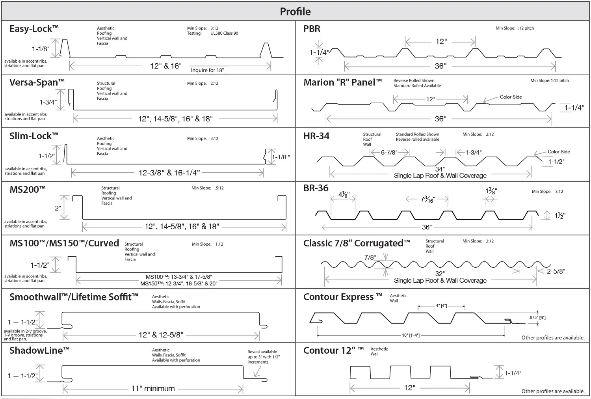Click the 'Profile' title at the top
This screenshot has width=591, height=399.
tap(295, 11)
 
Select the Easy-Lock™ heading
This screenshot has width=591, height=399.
tap(34, 29)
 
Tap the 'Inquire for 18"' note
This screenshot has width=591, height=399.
tap(207, 70)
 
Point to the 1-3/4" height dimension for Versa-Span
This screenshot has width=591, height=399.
tap(48, 102)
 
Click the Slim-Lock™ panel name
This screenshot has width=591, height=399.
tap(33, 136)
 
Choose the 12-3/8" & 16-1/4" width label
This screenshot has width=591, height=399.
tap(169, 172)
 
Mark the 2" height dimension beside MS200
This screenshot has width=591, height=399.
tap(58, 208)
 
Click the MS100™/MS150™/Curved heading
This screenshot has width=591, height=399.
tap(64, 243)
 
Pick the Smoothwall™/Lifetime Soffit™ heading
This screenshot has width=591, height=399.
tap(74, 297)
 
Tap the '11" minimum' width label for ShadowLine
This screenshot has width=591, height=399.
tap(153, 388)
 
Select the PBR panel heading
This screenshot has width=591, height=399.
tap(312, 29)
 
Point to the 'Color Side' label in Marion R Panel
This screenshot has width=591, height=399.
tap(511, 97)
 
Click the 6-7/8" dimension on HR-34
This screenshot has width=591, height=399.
tap(389, 152)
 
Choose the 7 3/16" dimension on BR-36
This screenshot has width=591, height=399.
tap(427, 199)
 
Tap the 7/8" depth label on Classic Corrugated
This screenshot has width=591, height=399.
tap(370, 257)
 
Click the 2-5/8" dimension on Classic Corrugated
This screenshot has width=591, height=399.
tap(556, 271)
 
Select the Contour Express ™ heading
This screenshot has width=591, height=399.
tap(342, 297)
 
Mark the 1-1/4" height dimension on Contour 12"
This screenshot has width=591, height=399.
tap(513, 373)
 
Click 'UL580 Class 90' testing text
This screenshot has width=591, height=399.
tap(224, 33)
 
